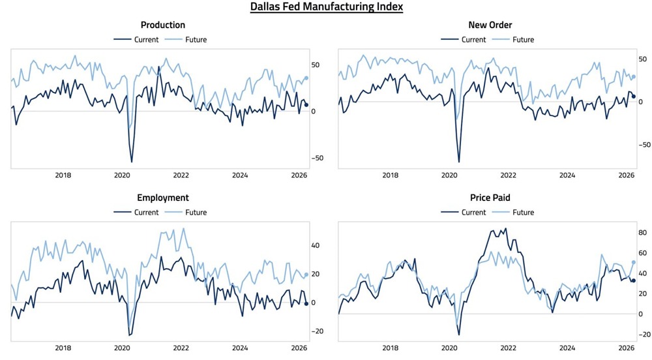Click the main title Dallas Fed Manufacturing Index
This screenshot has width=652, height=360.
pyautogui.click(x=326, y=7)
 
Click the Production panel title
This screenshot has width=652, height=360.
pyautogui.click(x=163, y=25)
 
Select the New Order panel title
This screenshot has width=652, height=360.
pyautogui.click(x=490, y=25)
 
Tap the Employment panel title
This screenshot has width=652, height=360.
pyautogui.click(x=163, y=197)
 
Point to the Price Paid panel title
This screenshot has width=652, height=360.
pyautogui.click(x=490, y=197)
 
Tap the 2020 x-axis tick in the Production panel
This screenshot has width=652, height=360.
pyautogui.click(x=123, y=175)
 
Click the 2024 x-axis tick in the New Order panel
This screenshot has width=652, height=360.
pyautogui.click(x=567, y=175)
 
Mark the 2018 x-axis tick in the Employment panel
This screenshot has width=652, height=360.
pyautogui.click(x=63, y=348)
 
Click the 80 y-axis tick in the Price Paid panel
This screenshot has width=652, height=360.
pyautogui.click(x=643, y=233)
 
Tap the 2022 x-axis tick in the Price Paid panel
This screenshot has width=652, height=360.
pyautogui.click(x=508, y=348)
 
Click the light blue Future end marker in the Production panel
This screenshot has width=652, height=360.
pyautogui.click(x=306, y=78)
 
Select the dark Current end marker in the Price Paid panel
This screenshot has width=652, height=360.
pyautogui.click(x=633, y=280)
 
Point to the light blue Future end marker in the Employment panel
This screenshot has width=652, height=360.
pyautogui.click(x=306, y=275)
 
